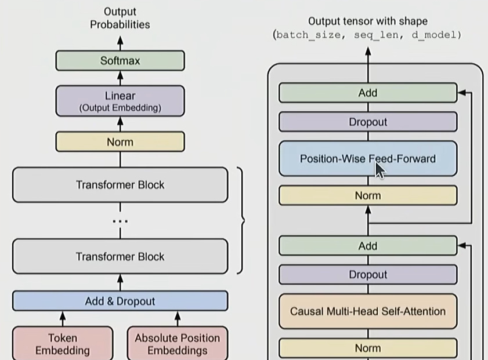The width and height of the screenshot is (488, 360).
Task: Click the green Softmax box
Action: [120, 61]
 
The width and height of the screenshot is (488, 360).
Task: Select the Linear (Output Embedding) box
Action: [120, 101]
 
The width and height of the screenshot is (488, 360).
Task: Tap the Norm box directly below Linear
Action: [120, 142]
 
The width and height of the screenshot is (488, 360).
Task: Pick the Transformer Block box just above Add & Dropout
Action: [120, 256]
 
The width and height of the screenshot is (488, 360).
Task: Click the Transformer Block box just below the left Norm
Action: [120, 185]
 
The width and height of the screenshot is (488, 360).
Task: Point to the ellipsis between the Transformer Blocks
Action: [120, 221]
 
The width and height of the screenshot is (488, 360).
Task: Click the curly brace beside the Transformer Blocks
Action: [241, 220]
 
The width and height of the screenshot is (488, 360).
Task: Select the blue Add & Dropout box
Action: [120, 301]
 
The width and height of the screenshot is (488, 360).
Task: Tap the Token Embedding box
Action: [63, 344]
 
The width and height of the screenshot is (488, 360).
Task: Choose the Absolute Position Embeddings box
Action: [177, 344]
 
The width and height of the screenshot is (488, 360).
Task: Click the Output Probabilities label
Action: [120, 18]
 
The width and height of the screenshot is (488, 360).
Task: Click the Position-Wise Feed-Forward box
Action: [367, 159]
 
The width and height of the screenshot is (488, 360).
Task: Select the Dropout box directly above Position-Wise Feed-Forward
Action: [367, 122]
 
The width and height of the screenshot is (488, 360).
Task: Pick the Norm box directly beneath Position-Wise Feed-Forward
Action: [367, 195]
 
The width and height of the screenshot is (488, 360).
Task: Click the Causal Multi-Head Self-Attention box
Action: [367, 311]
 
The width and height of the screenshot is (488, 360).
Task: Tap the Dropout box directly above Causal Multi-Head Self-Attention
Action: [367, 275]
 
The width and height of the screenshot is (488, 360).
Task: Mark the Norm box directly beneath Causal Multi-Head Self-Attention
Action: [367, 348]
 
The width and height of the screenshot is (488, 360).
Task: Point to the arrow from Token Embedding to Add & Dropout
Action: [63, 318]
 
